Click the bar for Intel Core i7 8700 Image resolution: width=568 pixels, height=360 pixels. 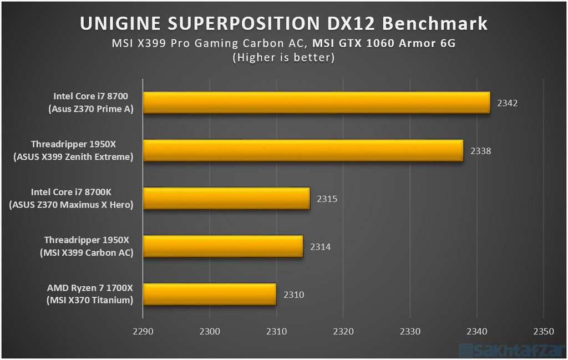click(316, 103)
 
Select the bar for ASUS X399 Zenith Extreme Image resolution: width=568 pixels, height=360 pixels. click(303, 150)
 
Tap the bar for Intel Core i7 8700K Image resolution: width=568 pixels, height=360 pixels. click(226, 199)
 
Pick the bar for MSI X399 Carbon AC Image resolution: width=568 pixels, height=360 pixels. click(223, 246)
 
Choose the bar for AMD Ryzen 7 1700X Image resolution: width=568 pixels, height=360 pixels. click(210, 294)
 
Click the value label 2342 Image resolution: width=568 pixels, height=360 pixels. click(507, 103)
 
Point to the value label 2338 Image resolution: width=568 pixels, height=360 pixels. click(480, 151)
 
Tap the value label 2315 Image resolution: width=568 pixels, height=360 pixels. click(327, 199)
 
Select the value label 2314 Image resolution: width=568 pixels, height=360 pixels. click(320, 247)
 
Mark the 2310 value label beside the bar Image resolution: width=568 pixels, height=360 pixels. click(293, 295)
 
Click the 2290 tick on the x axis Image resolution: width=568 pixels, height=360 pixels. click(143, 332)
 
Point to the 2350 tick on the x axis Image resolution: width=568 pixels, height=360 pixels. click(543, 332)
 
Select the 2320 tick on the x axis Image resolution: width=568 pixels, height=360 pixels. click(343, 332)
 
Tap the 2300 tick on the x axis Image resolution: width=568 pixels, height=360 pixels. click(209, 332)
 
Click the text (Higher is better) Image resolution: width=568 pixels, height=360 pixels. click(283, 57)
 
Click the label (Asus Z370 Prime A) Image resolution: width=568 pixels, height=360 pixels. click(91, 109)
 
